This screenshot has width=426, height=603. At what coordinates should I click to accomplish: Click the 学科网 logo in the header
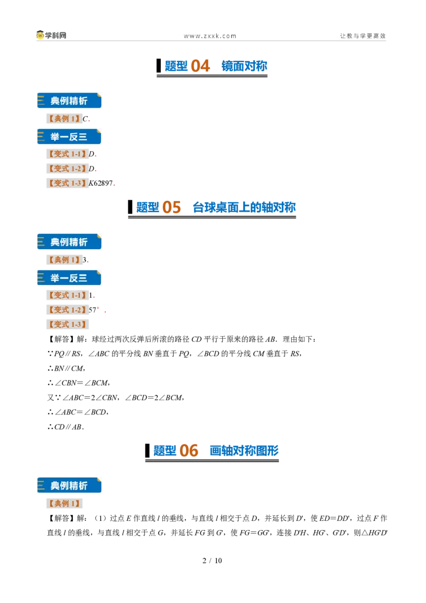(51, 35)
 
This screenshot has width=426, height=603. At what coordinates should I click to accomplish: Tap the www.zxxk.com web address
(210, 36)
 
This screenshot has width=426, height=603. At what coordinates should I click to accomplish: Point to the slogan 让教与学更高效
(363, 36)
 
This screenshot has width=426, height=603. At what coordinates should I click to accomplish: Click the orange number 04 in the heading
(200, 66)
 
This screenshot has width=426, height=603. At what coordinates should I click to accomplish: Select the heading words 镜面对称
(244, 66)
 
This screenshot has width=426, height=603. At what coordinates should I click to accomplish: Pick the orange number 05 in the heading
(171, 207)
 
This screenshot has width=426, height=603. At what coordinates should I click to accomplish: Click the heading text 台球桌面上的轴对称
(244, 207)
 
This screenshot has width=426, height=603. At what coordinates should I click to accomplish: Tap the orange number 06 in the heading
(189, 451)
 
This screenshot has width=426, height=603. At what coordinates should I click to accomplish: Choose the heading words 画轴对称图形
(244, 451)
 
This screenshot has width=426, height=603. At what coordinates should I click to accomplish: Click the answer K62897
(101, 183)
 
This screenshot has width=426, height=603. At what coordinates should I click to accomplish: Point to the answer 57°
(94, 310)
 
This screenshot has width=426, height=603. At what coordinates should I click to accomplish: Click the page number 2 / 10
(212, 561)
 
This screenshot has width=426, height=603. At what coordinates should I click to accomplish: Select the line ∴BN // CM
(65, 369)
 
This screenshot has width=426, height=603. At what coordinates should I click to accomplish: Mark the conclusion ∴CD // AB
(65, 427)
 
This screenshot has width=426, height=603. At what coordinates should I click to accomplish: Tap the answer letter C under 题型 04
(85, 119)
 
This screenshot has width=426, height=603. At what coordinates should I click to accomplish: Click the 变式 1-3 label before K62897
(67, 183)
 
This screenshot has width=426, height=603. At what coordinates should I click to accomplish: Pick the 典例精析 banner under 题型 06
(69, 485)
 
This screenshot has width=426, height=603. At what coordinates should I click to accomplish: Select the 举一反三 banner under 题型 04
(69, 137)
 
